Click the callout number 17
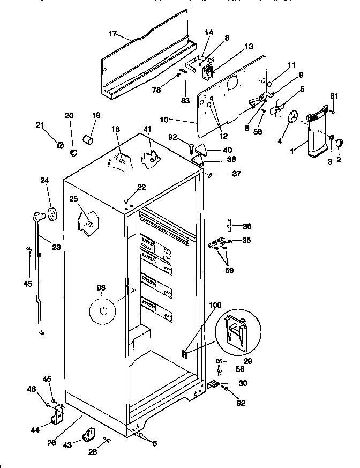click(x=112, y=34)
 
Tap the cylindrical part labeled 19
click(x=88, y=140)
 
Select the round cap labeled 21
click(x=61, y=145)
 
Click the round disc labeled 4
click(x=293, y=119)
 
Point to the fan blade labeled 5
click(x=277, y=107)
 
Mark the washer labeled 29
click(x=221, y=360)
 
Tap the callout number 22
click(x=141, y=187)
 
